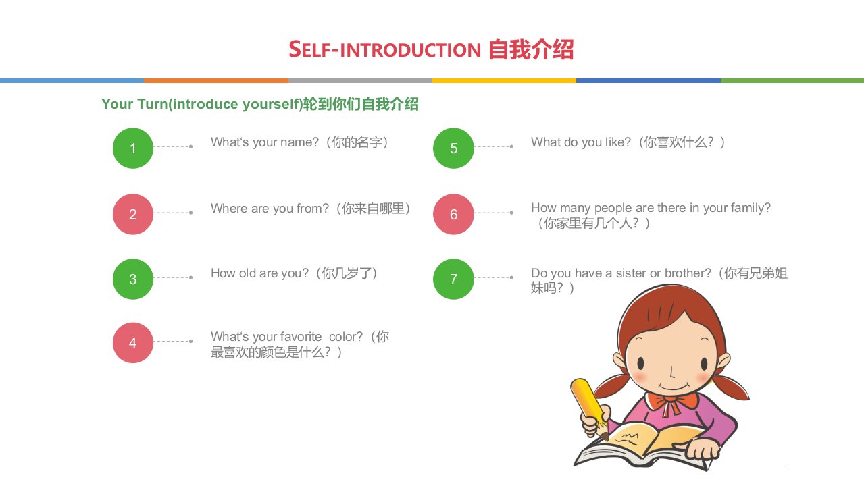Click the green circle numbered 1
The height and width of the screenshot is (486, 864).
coord(132,148)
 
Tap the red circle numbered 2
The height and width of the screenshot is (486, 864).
coord(132,214)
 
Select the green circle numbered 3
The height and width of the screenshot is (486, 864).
coord(132,279)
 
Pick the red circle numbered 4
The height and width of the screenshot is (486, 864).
coord(132,343)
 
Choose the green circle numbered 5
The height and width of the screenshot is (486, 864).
coord(453,148)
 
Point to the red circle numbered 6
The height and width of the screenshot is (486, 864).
coord(453,214)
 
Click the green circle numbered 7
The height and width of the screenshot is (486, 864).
coord(453,279)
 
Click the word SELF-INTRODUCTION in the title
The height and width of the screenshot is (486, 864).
coord(384,49)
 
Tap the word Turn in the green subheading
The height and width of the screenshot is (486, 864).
coord(153,104)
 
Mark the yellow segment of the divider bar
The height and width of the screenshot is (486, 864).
coord(504,80)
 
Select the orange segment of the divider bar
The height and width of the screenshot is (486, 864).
coord(216,80)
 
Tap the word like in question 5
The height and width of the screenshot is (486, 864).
coord(618,142)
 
